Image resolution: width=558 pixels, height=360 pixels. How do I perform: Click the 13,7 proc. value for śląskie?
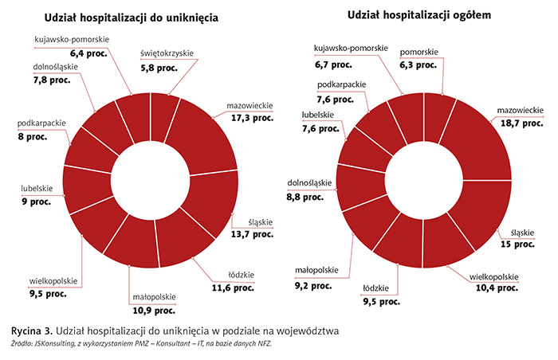(253, 236)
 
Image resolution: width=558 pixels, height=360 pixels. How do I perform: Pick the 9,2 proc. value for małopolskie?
(315, 283)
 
